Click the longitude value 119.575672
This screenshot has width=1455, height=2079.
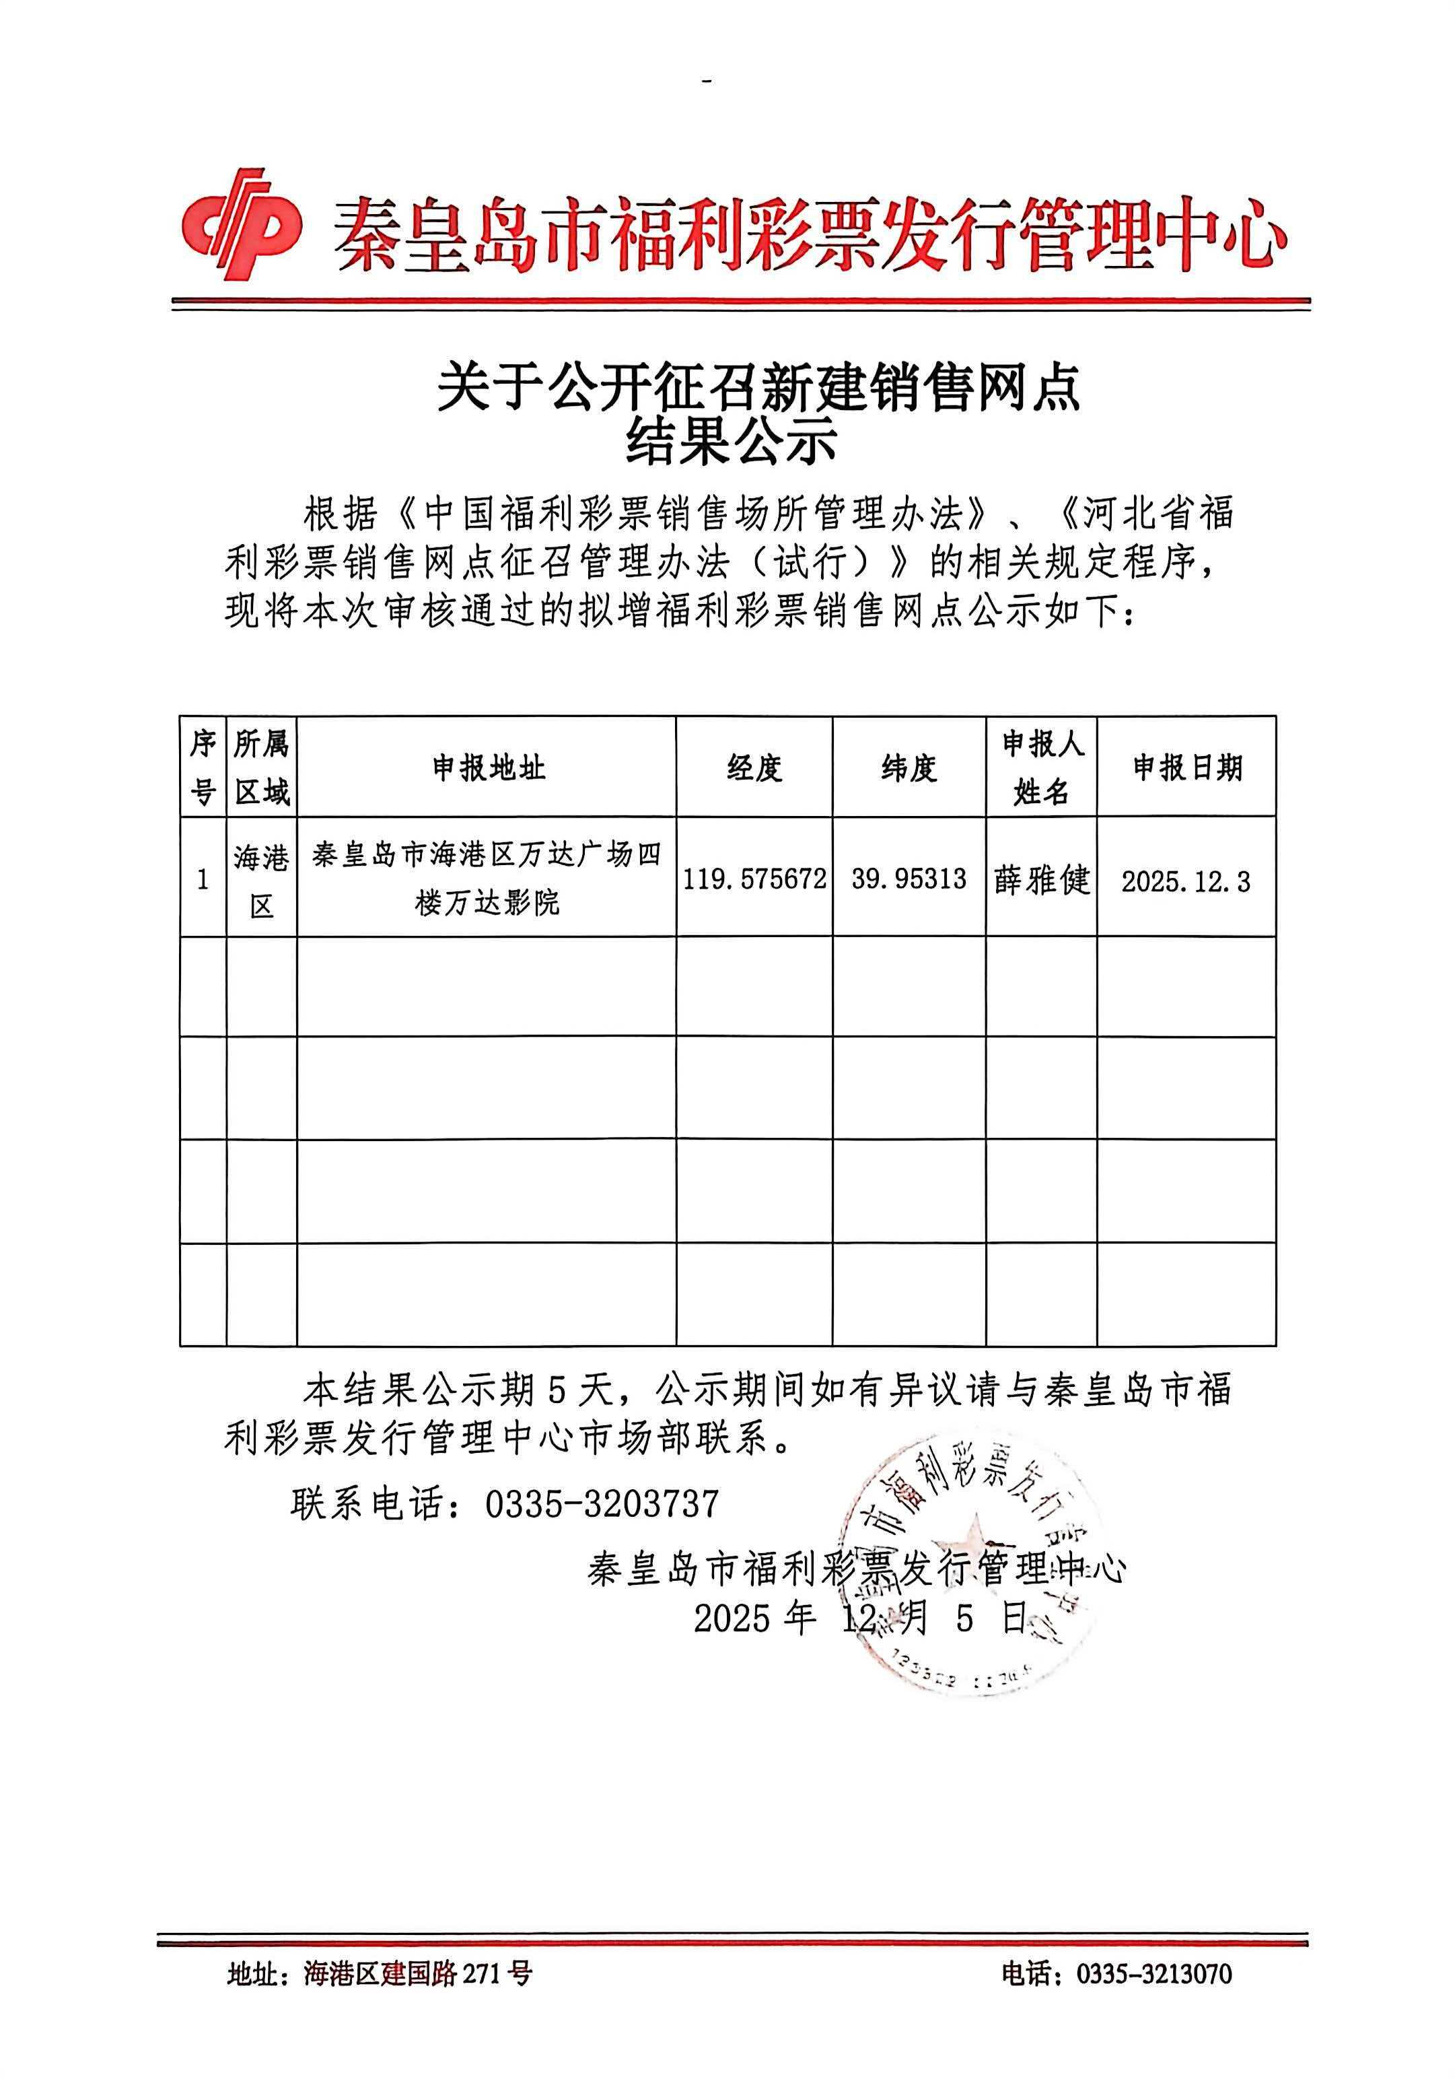(x=754, y=879)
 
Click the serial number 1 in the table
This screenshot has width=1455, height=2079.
(x=203, y=879)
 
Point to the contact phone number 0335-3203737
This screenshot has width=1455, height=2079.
(x=602, y=1504)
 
